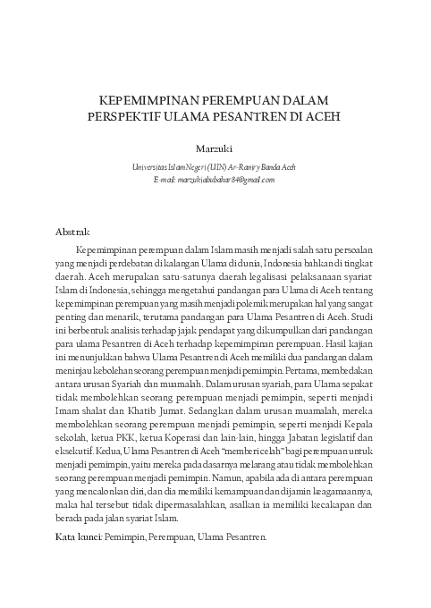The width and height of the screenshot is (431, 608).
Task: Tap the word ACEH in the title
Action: (x=323, y=116)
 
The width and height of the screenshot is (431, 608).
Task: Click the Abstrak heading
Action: (x=72, y=232)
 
